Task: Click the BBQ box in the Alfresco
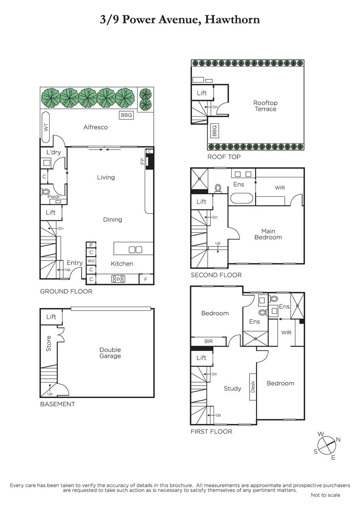click(x=126, y=115)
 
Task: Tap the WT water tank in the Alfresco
click(x=46, y=127)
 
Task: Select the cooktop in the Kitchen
click(x=118, y=279)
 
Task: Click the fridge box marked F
click(x=146, y=279)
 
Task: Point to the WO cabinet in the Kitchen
click(x=91, y=260)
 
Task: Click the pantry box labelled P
click(x=91, y=245)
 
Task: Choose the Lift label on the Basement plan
click(x=51, y=317)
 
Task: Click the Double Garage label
click(x=110, y=353)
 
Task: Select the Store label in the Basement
click(x=48, y=344)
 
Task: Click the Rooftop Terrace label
click(x=265, y=106)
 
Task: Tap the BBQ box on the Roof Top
click(x=214, y=131)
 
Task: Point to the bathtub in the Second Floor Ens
click(x=242, y=199)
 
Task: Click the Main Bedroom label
click(x=268, y=234)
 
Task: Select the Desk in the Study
click(x=253, y=387)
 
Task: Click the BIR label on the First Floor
click(x=208, y=341)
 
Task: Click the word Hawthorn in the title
click(x=232, y=20)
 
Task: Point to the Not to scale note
click(x=325, y=495)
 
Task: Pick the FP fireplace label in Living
click(x=142, y=161)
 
